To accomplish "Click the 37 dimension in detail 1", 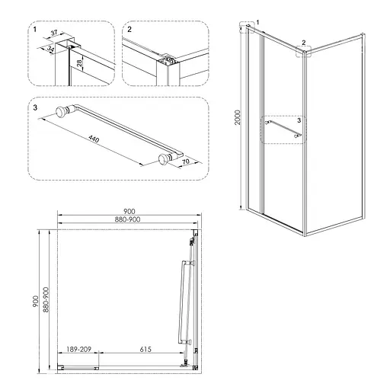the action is (x=54, y=33).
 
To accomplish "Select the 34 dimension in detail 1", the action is (x=50, y=49).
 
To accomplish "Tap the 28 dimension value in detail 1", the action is (x=80, y=62).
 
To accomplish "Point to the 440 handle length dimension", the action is (x=94, y=139).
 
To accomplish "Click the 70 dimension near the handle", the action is (x=186, y=161).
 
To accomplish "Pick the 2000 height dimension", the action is (x=238, y=117).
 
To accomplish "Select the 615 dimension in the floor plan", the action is (x=145, y=350).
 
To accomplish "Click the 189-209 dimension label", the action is (x=78, y=350).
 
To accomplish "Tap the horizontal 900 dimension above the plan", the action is (x=129, y=211).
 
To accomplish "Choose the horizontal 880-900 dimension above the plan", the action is (x=127, y=219).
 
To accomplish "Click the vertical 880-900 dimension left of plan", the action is (x=46, y=299).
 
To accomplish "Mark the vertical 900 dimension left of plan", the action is (x=35, y=301).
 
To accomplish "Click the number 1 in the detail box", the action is (x=35, y=30).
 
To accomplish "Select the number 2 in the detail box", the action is (x=129, y=30).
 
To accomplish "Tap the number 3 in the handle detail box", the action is (x=35, y=107).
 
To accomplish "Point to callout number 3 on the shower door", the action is (x=299, y=120).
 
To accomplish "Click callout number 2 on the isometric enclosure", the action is (x=304, y=43).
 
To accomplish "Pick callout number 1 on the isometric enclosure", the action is (x=258, y=22).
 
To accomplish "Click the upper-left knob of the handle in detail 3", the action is (x=62, y=112).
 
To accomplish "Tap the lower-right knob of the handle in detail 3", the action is (x=165, y=158).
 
